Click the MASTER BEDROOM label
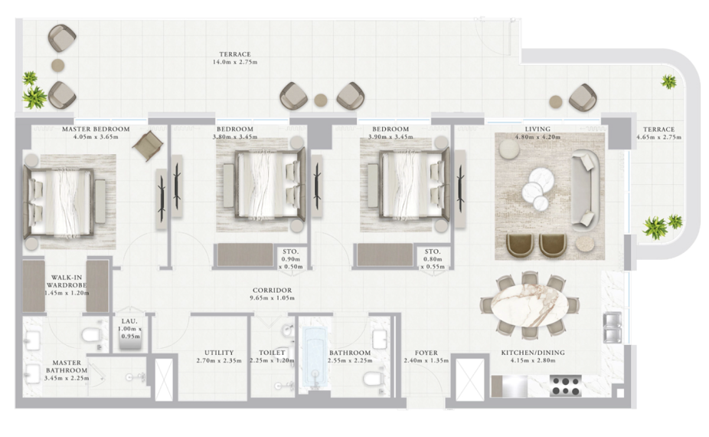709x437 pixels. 96,129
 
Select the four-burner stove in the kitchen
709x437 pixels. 566,386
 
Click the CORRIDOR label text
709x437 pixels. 273,291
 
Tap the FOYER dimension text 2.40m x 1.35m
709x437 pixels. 426,360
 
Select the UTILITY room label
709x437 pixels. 219,353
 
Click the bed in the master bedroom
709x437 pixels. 60,202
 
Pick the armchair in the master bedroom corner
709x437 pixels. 148,146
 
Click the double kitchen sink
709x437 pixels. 613,327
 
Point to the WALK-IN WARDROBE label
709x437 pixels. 67,281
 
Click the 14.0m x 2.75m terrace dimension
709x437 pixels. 235,62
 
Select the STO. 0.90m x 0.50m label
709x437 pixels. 291,259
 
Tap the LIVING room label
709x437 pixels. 537,129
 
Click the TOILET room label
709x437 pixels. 273,353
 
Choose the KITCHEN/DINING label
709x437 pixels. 533,353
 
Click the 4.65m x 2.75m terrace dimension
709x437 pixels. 658,137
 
